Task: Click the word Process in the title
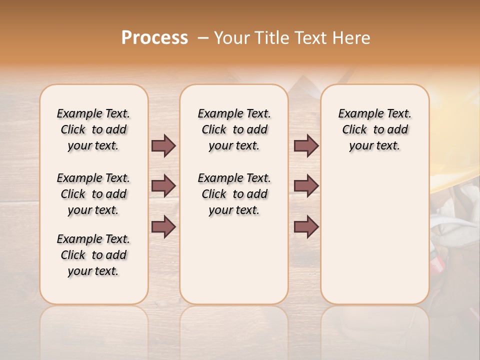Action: coord(154,37)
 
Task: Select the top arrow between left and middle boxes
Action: coord(163,145)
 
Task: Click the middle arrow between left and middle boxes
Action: coord(163,186)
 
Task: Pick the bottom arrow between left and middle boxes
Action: coord(163,227)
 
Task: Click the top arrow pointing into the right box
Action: coord(306,145)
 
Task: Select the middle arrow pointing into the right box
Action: coord(306,186)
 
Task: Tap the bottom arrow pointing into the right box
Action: coord(306,227)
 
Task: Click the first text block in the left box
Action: coord(93,129)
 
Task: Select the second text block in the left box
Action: coord(93,194)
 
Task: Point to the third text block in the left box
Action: coord(93,255)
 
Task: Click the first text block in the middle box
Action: coord(234,129)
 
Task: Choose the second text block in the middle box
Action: coord(234,194)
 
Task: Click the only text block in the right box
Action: coord(374,129)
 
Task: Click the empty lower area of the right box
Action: coord(374,240)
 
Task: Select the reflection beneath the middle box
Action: coord(234,325)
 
